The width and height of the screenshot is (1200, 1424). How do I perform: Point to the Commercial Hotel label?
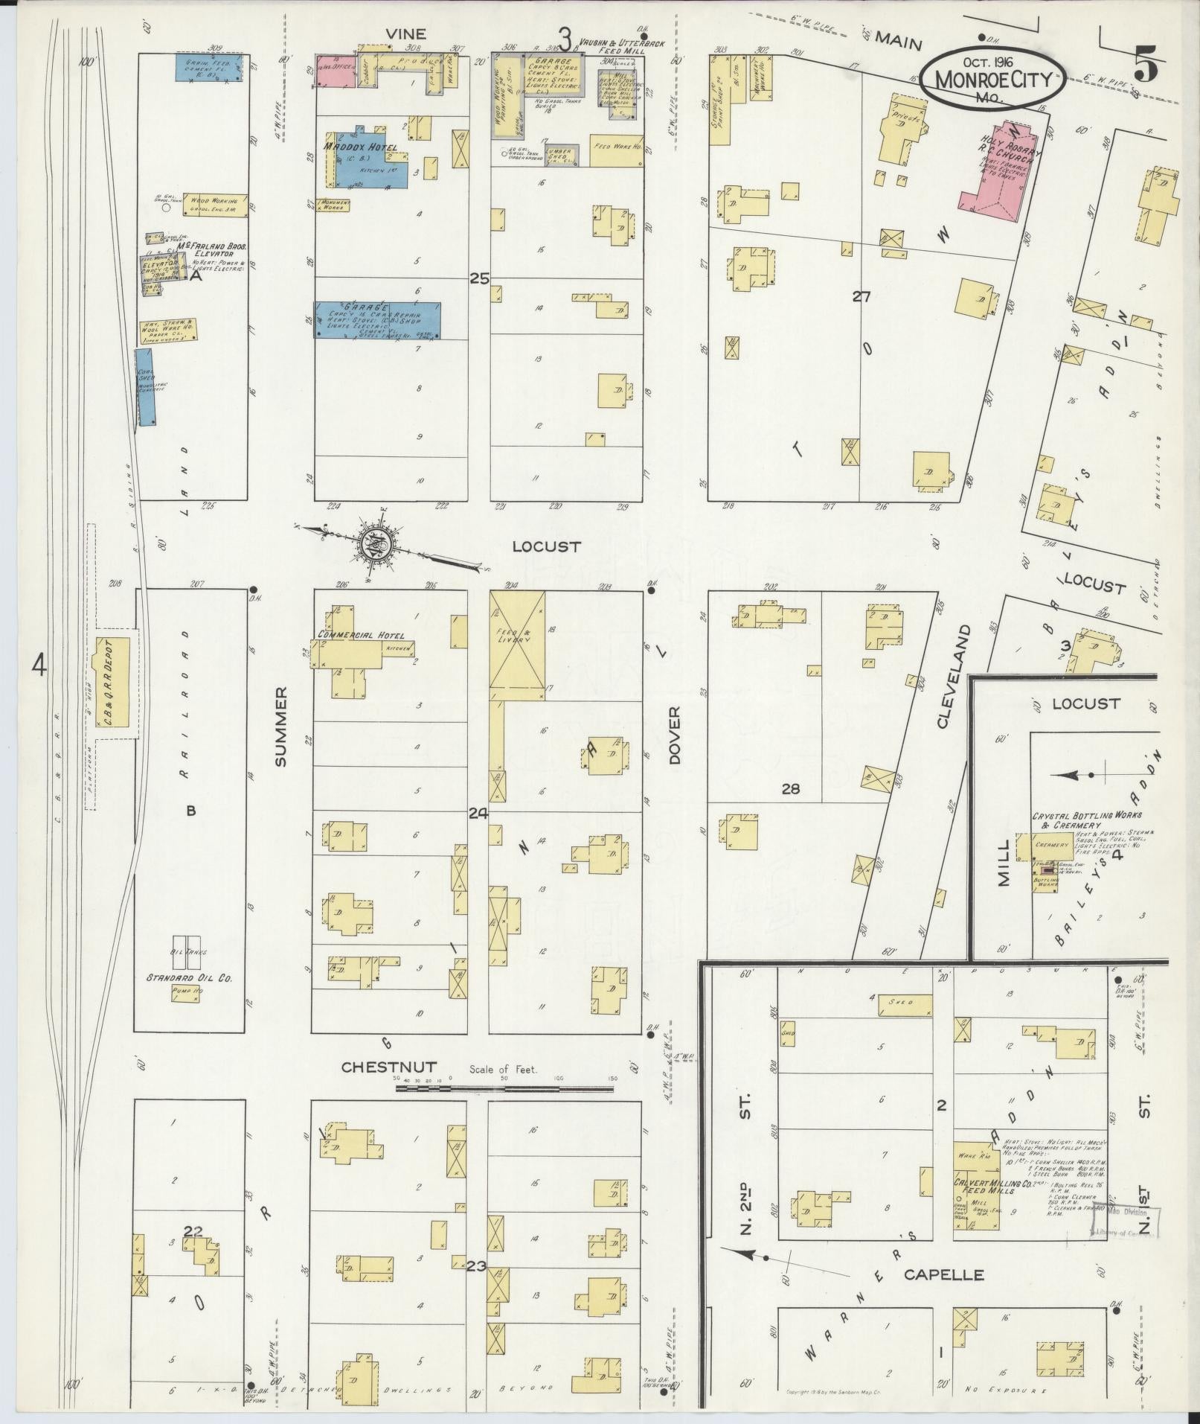click(x=361, y=635)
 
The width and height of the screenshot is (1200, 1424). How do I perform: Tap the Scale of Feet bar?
click(x=504, y=1088)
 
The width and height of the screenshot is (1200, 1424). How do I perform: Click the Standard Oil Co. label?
click(x=189, y=977)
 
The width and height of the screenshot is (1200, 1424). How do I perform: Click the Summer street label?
click(x=280, y=727)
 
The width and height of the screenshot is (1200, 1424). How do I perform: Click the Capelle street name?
click(x=943, y=1274)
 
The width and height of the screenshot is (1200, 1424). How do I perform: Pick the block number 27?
click(x=861, y=297)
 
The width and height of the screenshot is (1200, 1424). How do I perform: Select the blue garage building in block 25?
click(x=378, y=321)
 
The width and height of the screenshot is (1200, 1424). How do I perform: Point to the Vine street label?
click(x=405, y=33)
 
